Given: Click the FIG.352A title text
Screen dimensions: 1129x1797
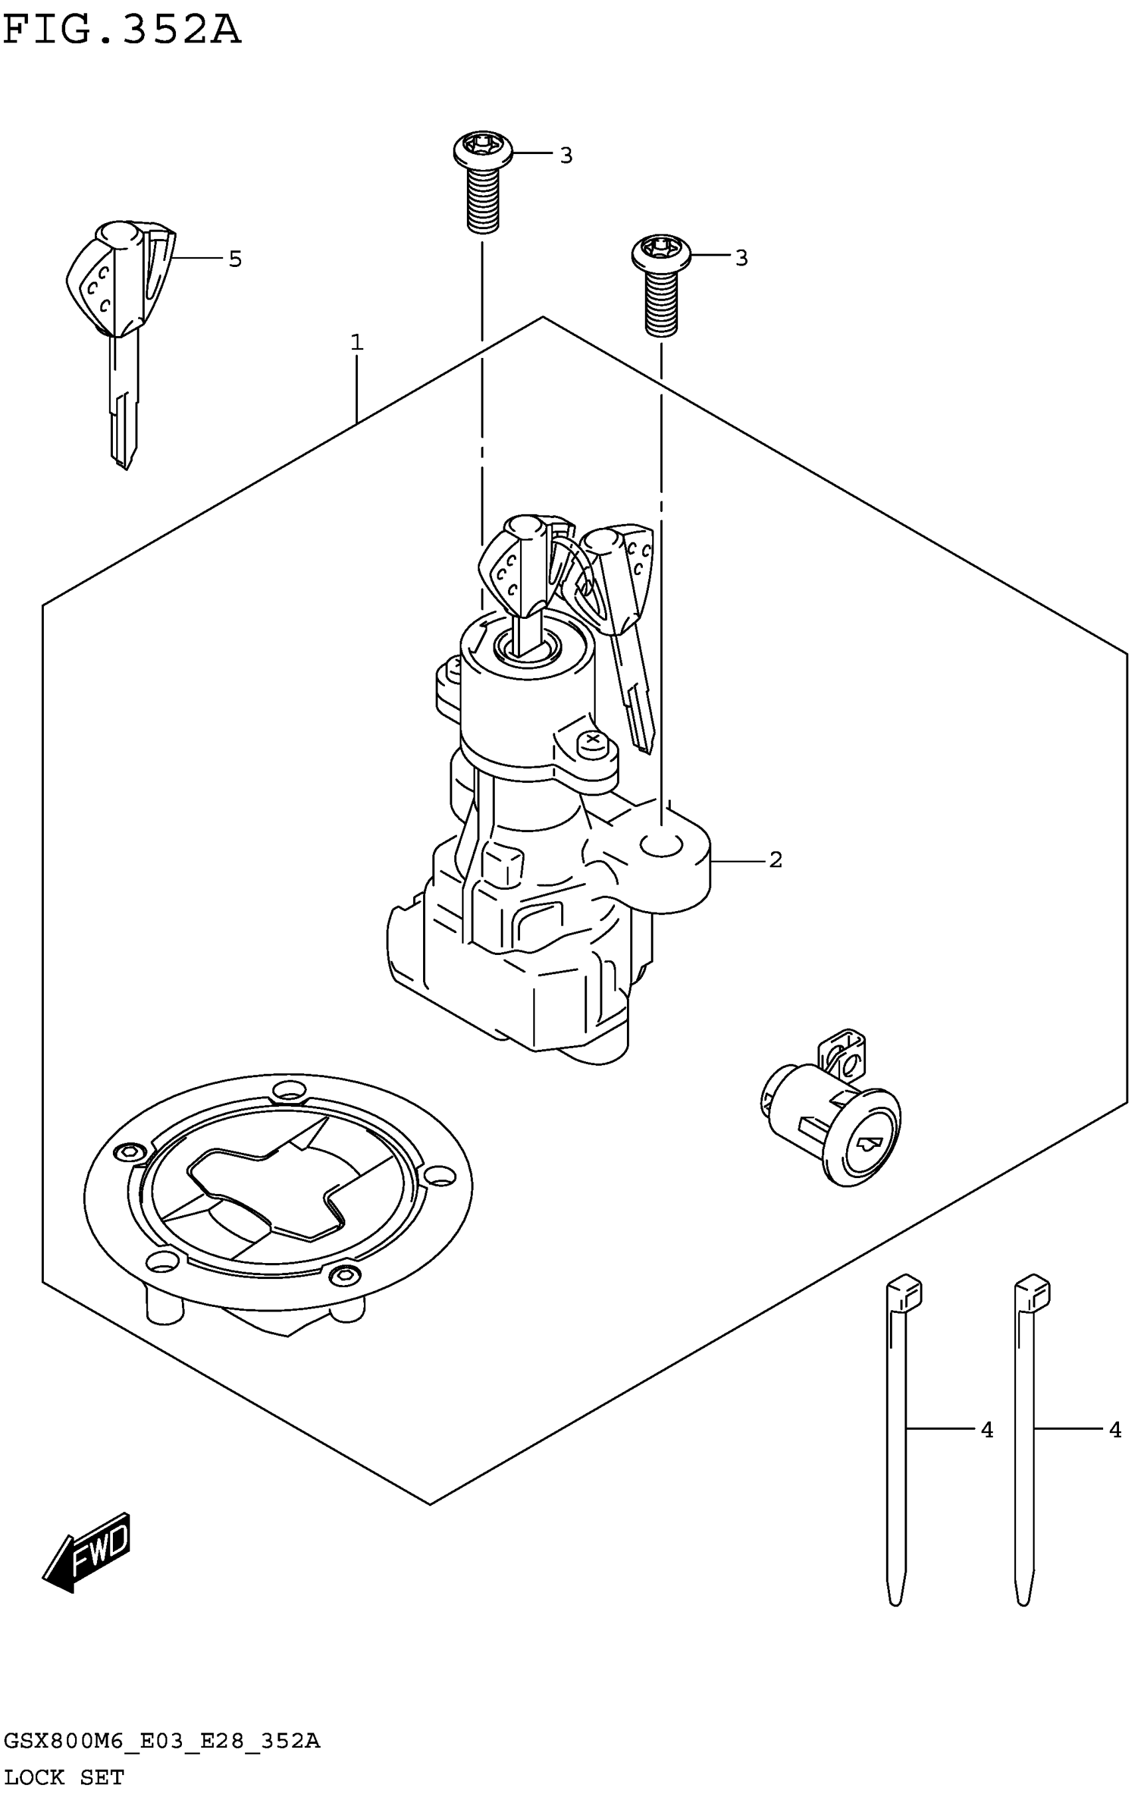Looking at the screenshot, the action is pyautogui.click(x=122, y=31).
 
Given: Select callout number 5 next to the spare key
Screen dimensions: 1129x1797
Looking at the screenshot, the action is pyautogui.click(x=235, y=259).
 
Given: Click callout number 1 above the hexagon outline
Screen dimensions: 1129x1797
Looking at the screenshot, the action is pyautogui.click(x=357, y=343).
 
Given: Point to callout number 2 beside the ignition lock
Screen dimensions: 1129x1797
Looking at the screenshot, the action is pyautogui.click(x=775, y=860).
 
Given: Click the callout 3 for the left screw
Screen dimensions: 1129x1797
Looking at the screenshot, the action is pyautogui.click(x=566, y=155).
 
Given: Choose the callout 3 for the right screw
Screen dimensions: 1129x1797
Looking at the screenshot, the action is pyautogui.click(x=741, y=258).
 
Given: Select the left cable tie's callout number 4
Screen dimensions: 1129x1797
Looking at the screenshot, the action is pyautogui.click(x=986, y=1430).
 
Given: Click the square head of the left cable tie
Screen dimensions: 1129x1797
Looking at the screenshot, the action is pyautogui.click(x=904, y=1295).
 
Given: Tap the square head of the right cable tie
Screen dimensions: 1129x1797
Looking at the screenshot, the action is pyautogui.click(x=1032, y=1295).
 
